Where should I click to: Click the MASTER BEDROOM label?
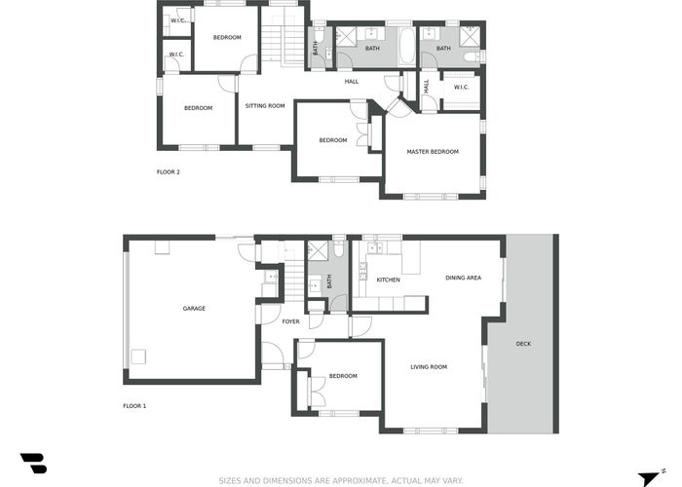[x=433, y=152]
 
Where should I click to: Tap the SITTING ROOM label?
[x=265, y=105]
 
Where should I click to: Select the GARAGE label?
[x=194, y=309]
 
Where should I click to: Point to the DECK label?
[x=523, y=344]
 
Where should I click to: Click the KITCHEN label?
[x=388, y=280]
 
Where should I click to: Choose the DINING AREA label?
[x=463, y=278]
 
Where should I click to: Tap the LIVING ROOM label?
[x=429, y=367]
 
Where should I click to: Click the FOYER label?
[x=290, y=321]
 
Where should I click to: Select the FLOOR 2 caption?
[x=169, y=171]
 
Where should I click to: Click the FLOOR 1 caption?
[x=134, y=406]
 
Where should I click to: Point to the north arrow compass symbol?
[x=651, y=477]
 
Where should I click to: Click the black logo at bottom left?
[x=34, y=463]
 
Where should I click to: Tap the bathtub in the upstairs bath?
[x=407, y=48]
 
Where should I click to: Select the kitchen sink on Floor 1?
[x=375, y=247]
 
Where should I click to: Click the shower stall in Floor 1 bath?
[x=318, y=250]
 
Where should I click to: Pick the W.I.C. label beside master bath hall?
[x=461, y=87]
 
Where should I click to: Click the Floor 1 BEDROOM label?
[x=343, y=376]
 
